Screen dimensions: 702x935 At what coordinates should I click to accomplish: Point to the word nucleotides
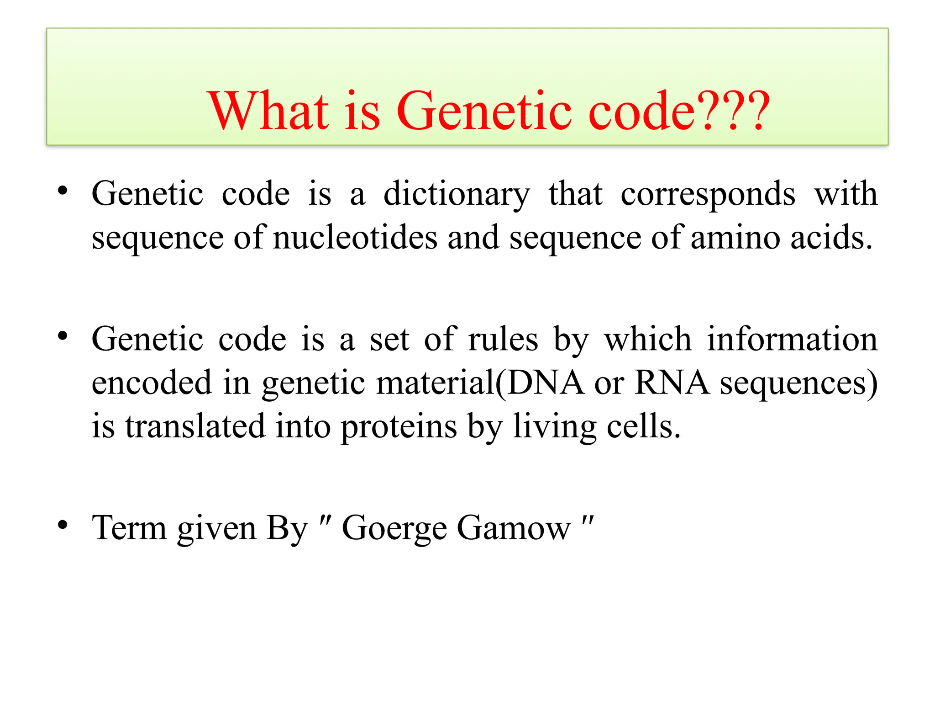(355, 238)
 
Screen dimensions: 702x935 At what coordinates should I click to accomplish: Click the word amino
(735, 238)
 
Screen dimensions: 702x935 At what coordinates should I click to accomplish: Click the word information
(792, 340)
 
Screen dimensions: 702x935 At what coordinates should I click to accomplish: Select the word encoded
(152, 383)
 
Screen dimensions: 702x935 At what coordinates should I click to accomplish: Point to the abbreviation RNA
(672, 383)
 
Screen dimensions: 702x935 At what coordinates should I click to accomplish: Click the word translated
(195, 426)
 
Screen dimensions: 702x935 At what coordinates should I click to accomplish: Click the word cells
(643, 426)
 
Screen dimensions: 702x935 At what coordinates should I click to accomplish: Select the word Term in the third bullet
(129, 528)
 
